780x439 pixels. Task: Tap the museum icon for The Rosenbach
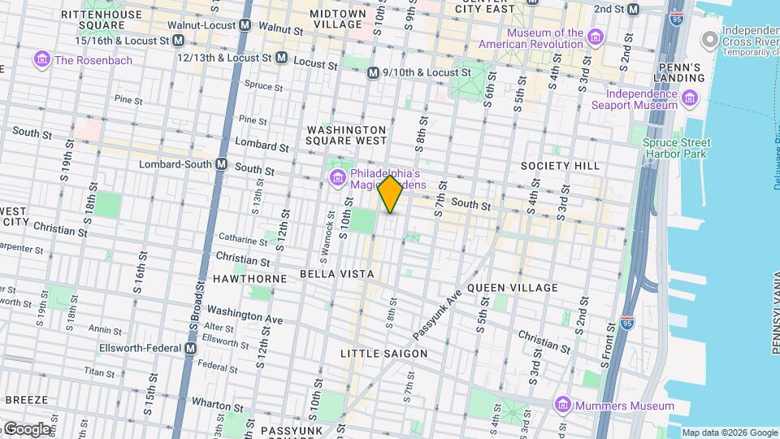point(41,59)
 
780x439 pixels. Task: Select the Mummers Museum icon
point(561,405)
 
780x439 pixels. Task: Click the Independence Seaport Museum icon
point(691,99)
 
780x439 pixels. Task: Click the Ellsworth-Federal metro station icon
point(191,349)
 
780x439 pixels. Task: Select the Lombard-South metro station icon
point(221,164)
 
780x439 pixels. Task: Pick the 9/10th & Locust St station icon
point(373,73)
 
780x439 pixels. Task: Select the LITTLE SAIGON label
point(383,354)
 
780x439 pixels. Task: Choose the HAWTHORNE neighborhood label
point(249,279)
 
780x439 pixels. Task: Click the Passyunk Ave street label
point(437,314)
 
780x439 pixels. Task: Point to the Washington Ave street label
point(245,315)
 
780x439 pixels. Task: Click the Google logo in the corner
point(28,428)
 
